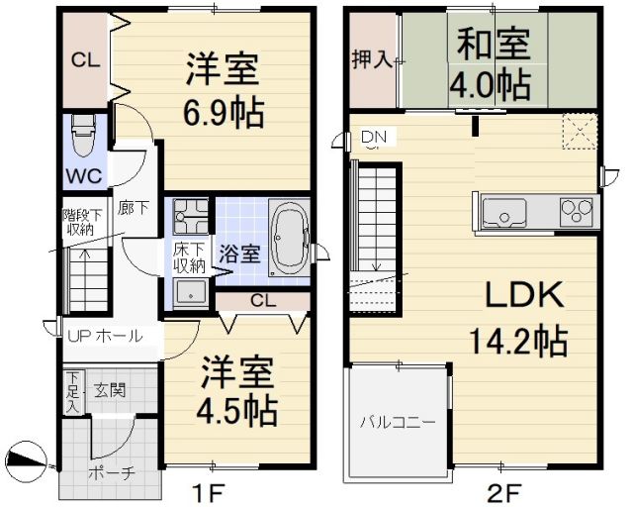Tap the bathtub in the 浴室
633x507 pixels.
pos(290,239)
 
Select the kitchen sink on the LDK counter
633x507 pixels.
pos(507,212)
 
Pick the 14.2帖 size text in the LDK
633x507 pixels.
pos(517,342)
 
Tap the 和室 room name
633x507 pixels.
pos(492,44)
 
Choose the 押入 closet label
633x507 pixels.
pos(373,59)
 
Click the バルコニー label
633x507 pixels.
pos(397,422)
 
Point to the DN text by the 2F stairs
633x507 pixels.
pos(373,136)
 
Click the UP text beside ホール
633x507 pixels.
pos(79,336)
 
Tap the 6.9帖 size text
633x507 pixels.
pos(224,114)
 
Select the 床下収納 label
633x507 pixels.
pos(189,258)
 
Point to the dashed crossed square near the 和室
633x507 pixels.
pos(577,131)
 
